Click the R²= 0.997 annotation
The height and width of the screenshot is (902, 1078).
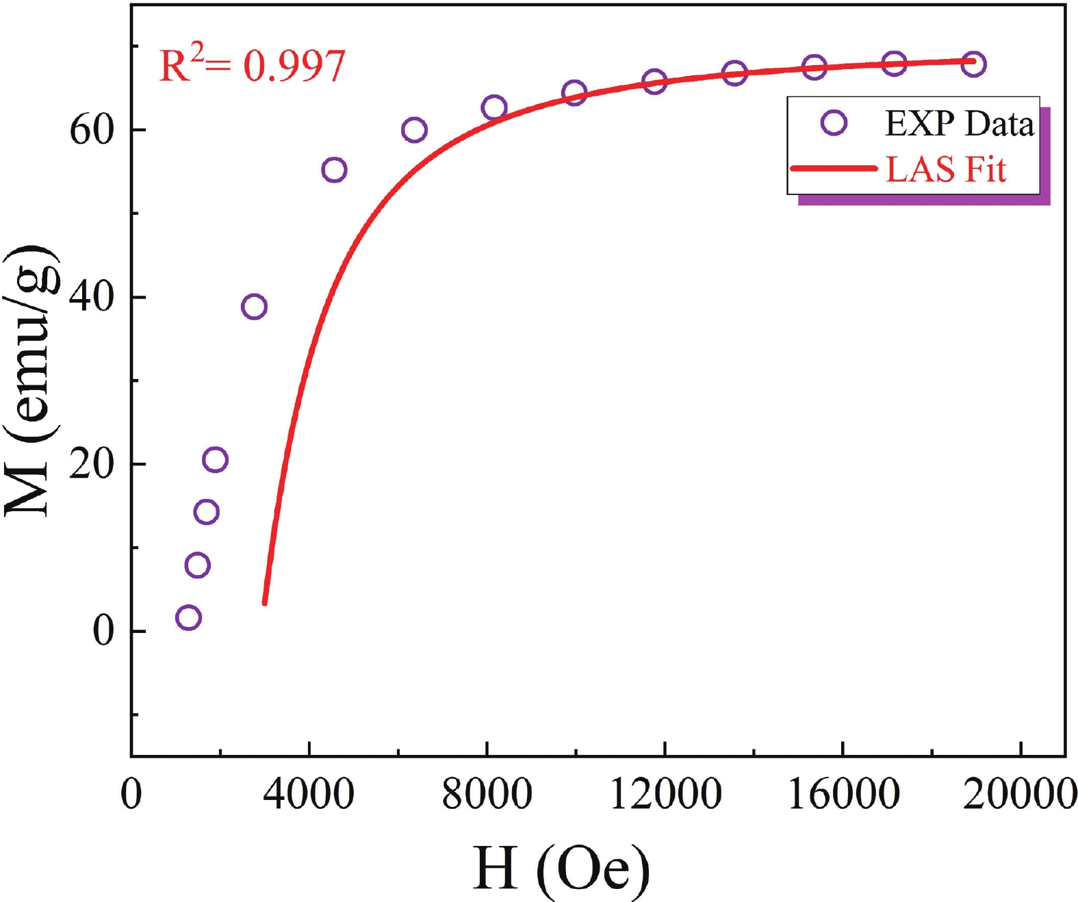252,66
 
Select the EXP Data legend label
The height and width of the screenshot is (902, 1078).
959,124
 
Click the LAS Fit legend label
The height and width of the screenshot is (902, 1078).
945,169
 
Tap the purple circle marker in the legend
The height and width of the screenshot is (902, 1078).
834,123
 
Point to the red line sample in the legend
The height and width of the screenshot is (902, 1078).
832,168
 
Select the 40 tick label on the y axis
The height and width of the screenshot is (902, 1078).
91,298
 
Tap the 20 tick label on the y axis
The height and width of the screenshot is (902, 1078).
91,465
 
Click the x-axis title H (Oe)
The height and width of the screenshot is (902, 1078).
561,868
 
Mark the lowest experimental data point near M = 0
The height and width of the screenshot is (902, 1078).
188,617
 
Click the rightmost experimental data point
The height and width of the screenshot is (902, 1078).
973,64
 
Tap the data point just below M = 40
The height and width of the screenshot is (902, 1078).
254,307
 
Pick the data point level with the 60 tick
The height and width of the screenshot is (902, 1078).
414,130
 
